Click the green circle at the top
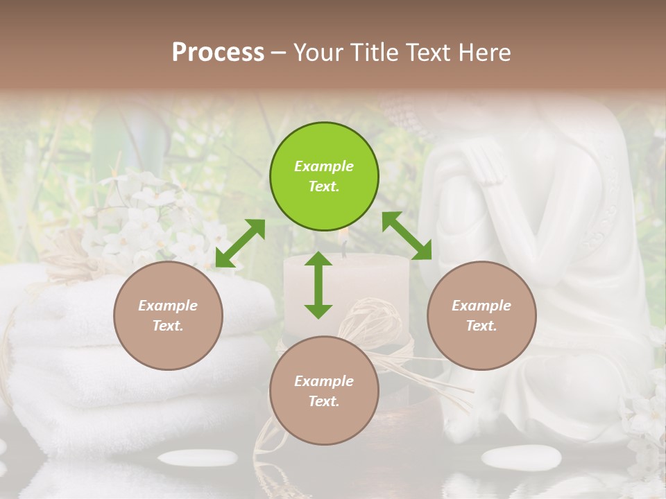pyautogui.click(x=324, y=177)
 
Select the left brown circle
pyautogui.click(x=168, y=316)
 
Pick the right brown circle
pyautogui.click(x=481, y=316)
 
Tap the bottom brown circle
pyautogui.click(x=324, y=392)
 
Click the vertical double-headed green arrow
pyautogui.click(x=318, y=285)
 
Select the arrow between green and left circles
pyautogui.click(x=240, y=243)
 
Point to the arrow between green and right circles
pyautogui.click(x=407, y=236)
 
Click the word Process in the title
pyautogui.click(x=218, y=52)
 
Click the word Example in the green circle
pyautogui.click(x=324, y=166)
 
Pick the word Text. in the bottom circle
pyautogui.click(x=324, y=401)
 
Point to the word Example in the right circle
pyautogui.click(x=481, y=306)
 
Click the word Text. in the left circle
pyautogui.click(x=168, y=326)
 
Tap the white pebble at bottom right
pyautogui.click(x=521, y=457)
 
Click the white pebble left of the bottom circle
pyautogui.click(x=197, y=457)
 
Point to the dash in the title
pyautogui.click(x=279, y=53)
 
